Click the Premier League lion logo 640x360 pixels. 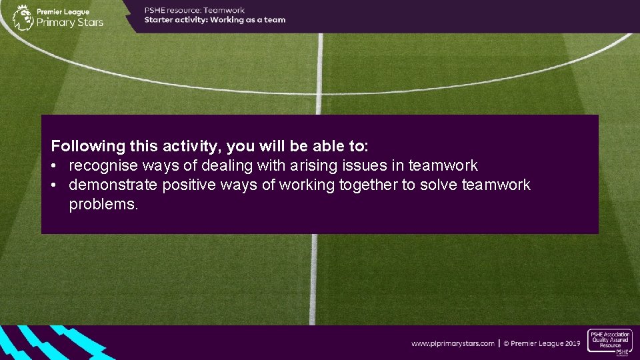23,17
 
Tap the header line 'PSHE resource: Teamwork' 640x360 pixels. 195,10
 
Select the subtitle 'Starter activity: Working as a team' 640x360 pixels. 215,20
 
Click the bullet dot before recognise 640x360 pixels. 54,166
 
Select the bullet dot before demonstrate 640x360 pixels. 54,185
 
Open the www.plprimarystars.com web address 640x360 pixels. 453,343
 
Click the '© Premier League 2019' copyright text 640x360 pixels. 542,343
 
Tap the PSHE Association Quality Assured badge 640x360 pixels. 609,343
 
